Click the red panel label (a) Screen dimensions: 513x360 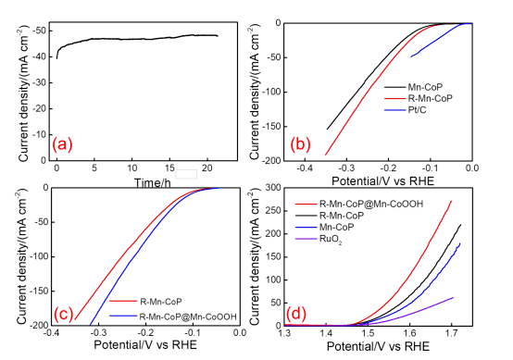point(62,144)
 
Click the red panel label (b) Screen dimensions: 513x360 point(300,144)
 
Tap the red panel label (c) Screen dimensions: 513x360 point(63,314)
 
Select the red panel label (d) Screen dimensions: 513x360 point(296,314)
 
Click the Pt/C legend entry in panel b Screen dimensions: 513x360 point(406,110)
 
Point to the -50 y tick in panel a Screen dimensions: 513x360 point(39,31)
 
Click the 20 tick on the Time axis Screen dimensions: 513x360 point(207,168)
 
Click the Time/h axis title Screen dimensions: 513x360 point(153,182)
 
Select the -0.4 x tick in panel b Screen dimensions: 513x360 point(305,168)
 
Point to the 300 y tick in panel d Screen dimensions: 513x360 point(274,188)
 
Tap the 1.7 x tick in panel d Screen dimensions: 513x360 point(452,333)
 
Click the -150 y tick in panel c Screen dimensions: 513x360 point(39,291)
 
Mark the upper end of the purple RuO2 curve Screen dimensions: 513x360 point(454,298)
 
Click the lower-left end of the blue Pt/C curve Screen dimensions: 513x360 point(411,56)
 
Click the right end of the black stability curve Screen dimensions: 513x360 point(218,36)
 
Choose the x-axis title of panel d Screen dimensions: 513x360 point(378,346)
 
